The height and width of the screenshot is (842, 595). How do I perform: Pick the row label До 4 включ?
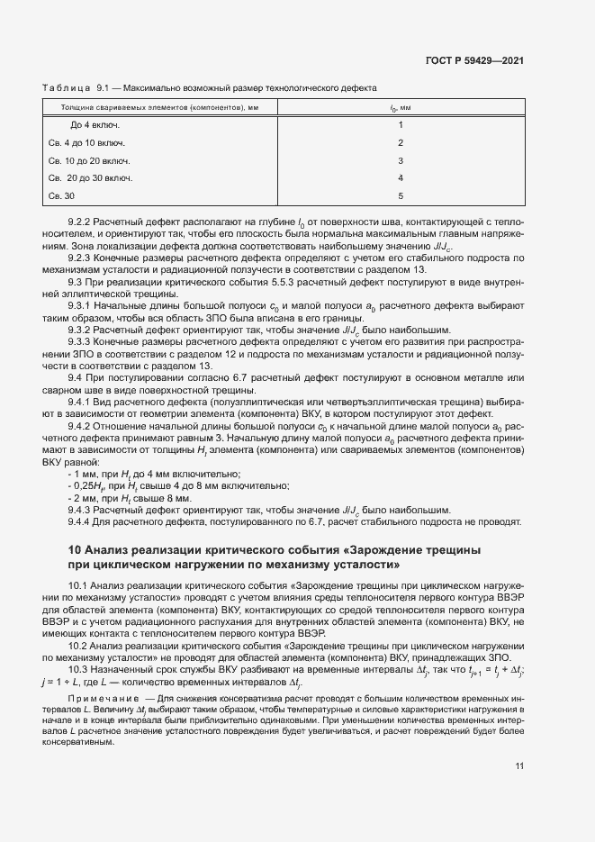click(95, 125)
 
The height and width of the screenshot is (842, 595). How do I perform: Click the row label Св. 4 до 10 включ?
click(86, 143)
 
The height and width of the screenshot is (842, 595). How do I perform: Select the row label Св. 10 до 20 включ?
click(89, 160)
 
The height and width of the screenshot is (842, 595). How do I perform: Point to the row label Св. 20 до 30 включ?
click(90, 178)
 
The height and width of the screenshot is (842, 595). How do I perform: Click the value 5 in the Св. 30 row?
click(401, 195)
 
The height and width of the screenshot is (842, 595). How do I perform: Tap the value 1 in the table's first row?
click(401, 125)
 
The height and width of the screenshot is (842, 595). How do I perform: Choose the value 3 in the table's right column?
click(401, 160)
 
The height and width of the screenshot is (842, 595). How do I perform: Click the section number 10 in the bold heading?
click(76, 550)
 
